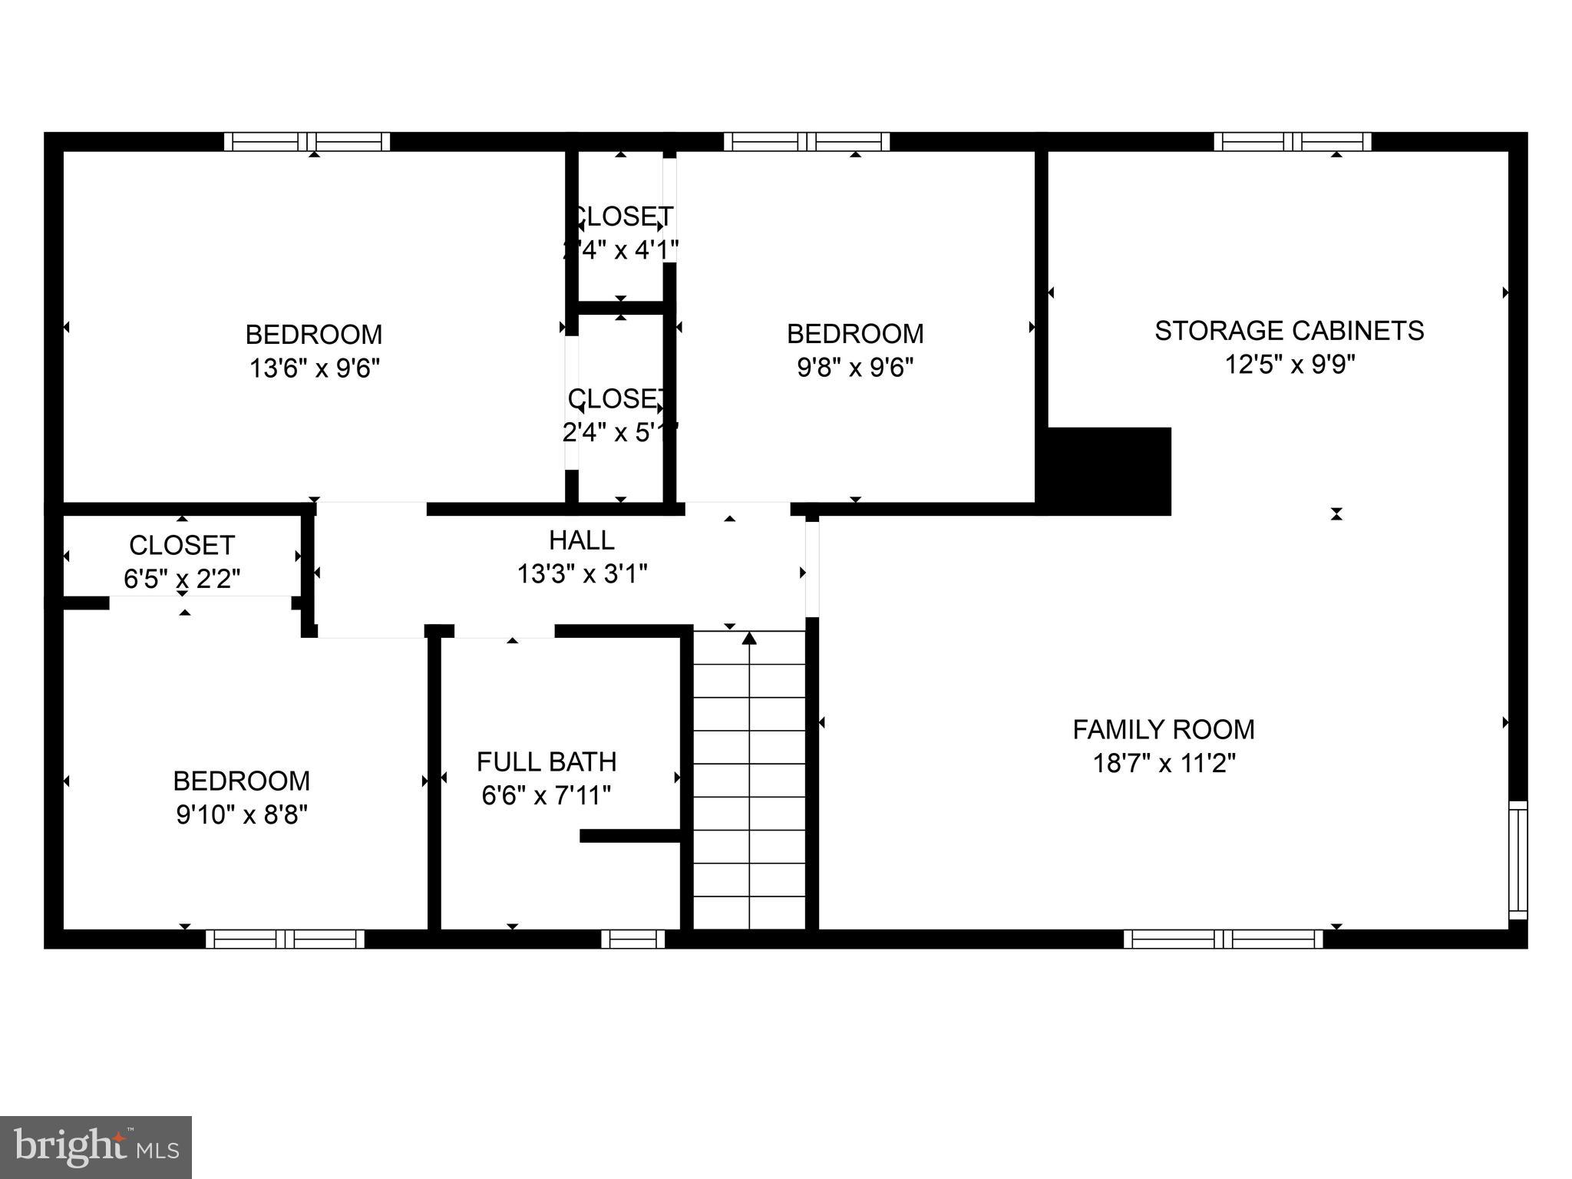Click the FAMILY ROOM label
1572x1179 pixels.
[x=1164, y=729]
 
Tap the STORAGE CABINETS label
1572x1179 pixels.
[x=1289, y=331]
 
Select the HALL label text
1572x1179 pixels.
[x=582, y=540]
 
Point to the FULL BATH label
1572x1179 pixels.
[x=547, y=761]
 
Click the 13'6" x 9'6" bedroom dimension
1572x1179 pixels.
[x=315, y=368]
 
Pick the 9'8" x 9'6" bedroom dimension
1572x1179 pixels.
[x=855, y=368]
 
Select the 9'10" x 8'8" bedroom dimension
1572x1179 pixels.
[x=242, y=814]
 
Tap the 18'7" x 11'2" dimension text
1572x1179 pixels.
[x=1164, y=764]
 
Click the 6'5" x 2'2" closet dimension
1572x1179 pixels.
[x=182, y=579]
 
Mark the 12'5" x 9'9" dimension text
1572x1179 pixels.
[x=1290, y=365]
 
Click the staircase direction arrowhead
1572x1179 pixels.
[x=749, y=638]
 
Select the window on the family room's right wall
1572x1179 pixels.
[x=1518, y=860]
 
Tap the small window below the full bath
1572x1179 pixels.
[x=632, y=939]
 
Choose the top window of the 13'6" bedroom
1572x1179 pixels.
[x=307, y=142]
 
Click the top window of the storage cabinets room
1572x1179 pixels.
[x=1293, y=142]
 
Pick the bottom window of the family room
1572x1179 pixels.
[x=1224, y=939]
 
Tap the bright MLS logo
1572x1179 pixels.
[x=96, y=1148]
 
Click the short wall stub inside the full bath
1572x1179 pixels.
[x=630, y=836]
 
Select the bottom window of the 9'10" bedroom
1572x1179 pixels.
[x=285, y=939]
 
